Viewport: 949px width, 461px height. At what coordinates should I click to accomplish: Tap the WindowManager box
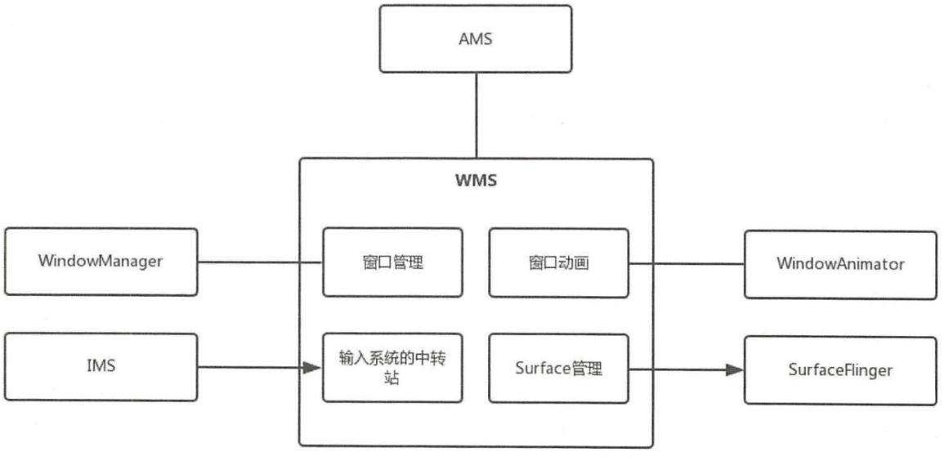point(101,262)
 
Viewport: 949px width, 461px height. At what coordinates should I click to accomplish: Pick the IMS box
point(101,366)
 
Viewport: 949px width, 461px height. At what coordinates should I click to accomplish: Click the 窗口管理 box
point(392,262)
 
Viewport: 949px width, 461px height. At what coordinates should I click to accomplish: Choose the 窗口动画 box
point(559,262)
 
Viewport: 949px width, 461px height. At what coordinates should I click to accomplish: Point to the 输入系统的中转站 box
point(392,367)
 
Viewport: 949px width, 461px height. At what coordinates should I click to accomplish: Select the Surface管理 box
point(559,367)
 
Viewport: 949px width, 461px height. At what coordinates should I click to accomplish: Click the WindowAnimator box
point(841,264)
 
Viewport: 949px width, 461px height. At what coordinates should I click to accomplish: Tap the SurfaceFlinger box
point(841,369)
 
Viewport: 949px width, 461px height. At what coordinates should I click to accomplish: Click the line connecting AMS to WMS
point(475,115)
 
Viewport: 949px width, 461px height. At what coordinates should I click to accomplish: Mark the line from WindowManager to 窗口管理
point(260,262)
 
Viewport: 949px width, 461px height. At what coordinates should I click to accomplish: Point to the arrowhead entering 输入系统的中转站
point(312,368)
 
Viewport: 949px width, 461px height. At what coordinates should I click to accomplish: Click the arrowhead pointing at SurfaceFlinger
point(735,369)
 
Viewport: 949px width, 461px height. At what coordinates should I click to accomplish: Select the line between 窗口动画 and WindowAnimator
point(687,263)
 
